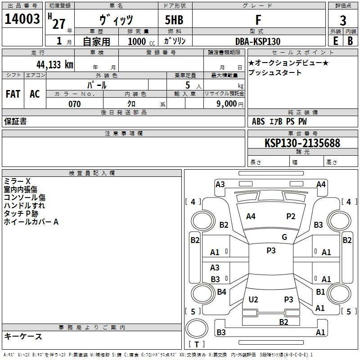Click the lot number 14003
(x=22, y=19)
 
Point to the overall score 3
(x=343, y=20)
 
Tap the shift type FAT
(x=13, y=94)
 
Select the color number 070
(x=74, y=104)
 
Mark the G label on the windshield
(x=284, y=237)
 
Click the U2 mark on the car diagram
(x=253, y=300)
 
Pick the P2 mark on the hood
(x=291, y=216)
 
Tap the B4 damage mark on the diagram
(x=221, y=292)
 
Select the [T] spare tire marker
(x=197, y=345)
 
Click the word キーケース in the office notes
(x=23, y=336)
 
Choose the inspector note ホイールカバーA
(x=31, y=222)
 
